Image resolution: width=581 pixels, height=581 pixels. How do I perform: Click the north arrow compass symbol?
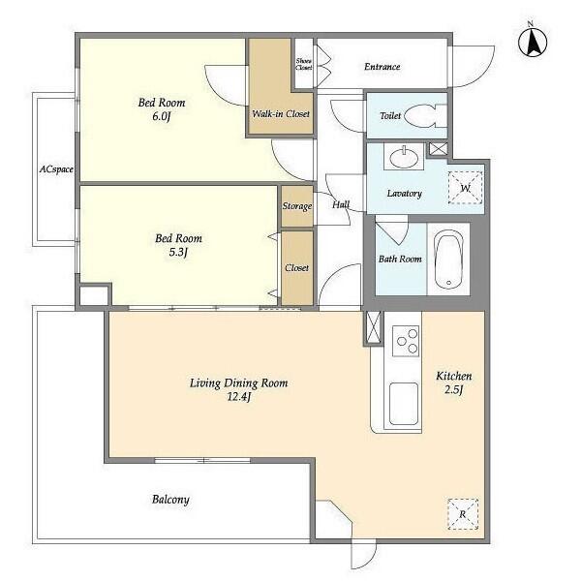tap(533, 42)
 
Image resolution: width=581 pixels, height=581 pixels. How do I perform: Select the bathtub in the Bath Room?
tap(448, 260)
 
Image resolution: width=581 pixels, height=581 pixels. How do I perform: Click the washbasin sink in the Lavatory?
tap(404, 157)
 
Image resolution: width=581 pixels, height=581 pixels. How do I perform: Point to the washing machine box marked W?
tap(466, 188)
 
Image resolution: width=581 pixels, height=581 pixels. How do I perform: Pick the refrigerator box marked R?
tap(463, 514)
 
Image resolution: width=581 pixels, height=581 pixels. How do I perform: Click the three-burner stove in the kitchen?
tap(406, 341)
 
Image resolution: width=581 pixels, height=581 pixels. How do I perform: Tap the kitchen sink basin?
tap(404, 403)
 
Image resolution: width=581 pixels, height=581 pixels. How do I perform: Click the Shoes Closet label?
tap(303, 64)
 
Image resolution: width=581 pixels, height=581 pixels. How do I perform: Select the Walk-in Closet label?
tap(281, 113)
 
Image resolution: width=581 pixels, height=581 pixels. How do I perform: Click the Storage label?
tap(297, 206)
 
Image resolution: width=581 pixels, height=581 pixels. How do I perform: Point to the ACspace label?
tap(56, 169)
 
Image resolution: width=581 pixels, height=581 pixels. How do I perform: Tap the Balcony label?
tap(170, 500)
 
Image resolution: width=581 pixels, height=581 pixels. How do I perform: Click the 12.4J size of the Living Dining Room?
tap(239, 397)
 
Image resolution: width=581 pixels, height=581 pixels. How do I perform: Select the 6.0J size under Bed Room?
tap(161, 116)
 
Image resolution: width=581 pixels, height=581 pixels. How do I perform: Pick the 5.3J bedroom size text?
tap(178, 253)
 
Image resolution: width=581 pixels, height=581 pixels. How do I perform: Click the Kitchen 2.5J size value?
tap(454, 390)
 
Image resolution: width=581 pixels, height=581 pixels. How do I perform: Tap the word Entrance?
tap(382, 67)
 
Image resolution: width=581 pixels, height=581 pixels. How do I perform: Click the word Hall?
tap(341, 204)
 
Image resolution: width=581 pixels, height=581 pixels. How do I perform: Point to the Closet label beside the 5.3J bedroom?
tap(297, 267)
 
